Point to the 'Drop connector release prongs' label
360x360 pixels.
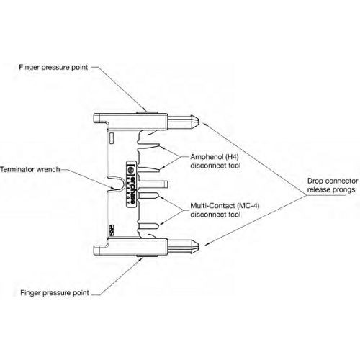324,185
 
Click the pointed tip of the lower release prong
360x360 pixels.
199,248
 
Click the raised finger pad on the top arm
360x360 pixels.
146,110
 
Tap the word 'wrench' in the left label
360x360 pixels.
55,170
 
